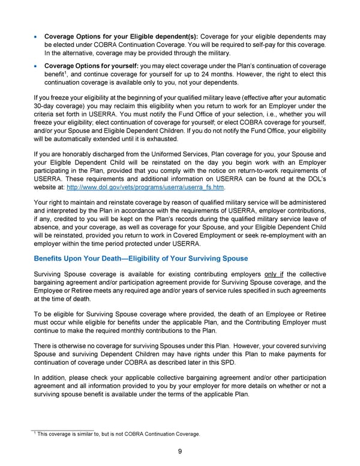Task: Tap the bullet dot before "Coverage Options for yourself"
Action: pos(37,65)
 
